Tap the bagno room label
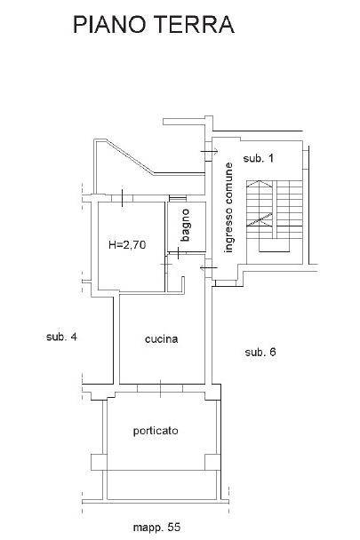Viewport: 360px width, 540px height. coord(185,226)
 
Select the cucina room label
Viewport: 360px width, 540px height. coord(162,339)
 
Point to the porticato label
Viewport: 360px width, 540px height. coord(156,431)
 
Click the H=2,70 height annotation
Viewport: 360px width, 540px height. coord(127,245)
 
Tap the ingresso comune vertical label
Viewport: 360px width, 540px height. coord(228,208)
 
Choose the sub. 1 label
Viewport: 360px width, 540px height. coord(259,158)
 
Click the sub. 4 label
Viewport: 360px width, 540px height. coord(61,337)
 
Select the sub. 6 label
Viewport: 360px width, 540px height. coord(260,352)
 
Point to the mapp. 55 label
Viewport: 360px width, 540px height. coord(156,527)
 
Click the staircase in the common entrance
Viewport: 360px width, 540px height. coord(275,216)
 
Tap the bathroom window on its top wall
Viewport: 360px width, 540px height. coord(178,198)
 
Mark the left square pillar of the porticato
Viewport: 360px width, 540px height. coord(99,462)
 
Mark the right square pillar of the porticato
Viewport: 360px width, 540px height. coord(212,462)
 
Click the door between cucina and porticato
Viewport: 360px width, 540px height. coord(160,388)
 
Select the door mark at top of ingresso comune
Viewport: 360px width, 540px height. coord(209,151)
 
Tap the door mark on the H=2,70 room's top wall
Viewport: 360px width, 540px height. coord(122,198)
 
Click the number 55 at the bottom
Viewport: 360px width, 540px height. coord(174,527)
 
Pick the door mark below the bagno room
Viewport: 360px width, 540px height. coord(178,253)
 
